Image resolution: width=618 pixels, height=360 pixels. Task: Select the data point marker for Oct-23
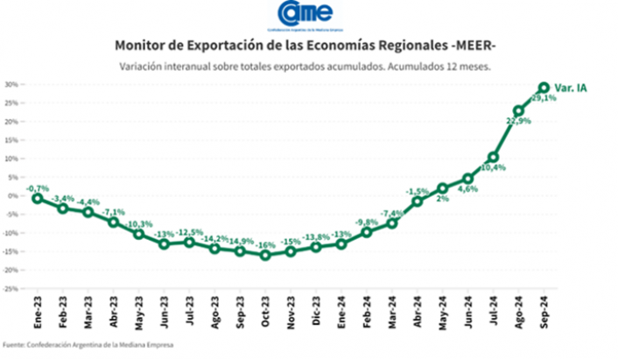point(265,255)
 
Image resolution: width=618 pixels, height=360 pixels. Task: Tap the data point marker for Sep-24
point(544,88)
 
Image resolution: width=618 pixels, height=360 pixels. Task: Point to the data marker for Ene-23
point(37,198)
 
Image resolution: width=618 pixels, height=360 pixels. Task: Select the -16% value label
point(265,244)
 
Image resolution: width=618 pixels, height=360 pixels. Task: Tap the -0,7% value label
point(37,187)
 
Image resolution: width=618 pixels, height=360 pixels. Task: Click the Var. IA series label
point(571,88)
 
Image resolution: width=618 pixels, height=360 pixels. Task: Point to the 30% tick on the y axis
point(11,85)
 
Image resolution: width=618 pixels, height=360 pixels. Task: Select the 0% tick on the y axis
point(13,195)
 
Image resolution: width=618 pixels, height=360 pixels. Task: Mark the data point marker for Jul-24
point(493,158)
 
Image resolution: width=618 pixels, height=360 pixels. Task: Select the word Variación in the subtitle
point(142,66)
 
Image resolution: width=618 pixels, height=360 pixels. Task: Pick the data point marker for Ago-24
point(518,111)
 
